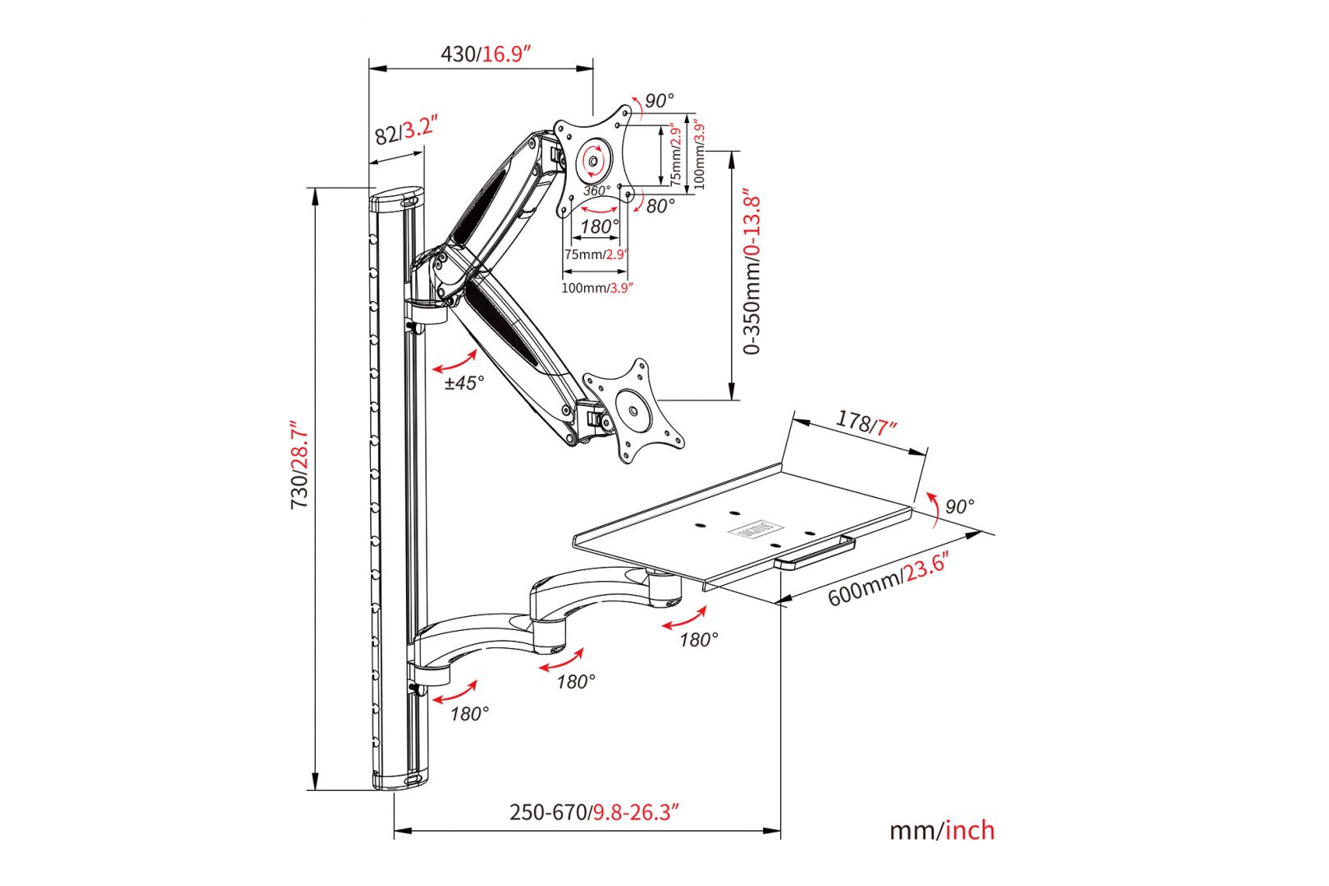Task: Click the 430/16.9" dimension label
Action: click(486, 54)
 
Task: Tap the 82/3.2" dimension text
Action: click(405, 130)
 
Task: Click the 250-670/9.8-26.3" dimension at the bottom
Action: click(594, 812)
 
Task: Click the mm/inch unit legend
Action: click(942, 830)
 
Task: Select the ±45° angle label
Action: click(464, 382)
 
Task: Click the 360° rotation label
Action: click(596, 190)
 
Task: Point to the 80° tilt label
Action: click(660, 206)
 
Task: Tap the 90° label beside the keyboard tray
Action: click(959, 506)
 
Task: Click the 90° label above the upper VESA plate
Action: click(659, 101)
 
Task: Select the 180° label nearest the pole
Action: click(469, 714)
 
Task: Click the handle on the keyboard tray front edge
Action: click(814, 551)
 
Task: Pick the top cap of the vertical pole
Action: click(398, 199)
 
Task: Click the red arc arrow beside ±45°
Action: click(455, 362)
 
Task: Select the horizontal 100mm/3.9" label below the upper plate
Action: click(596, 288)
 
